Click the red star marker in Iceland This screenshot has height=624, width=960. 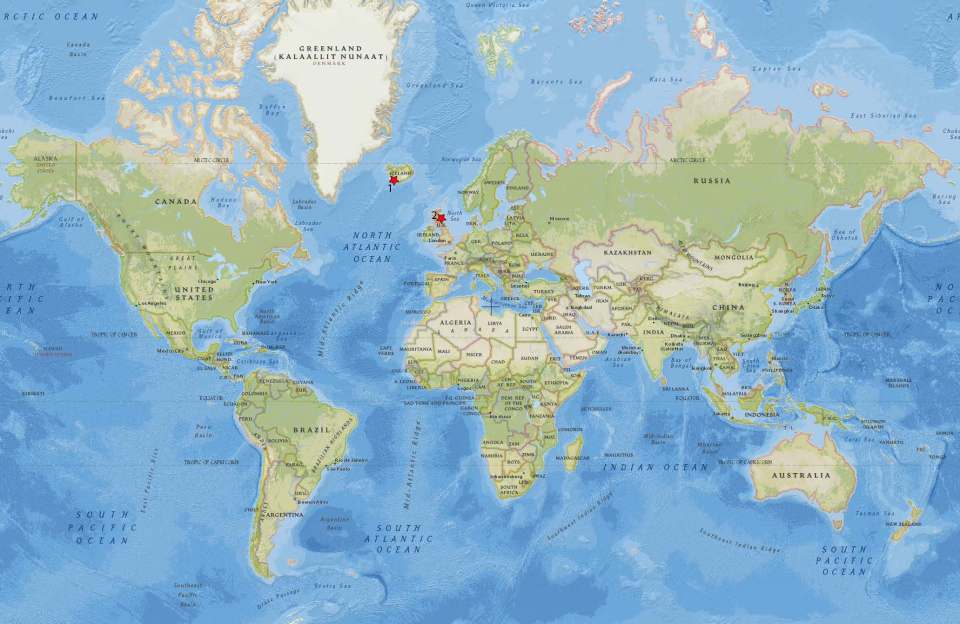pos(394,180)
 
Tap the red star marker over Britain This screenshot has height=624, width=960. pos(441,217)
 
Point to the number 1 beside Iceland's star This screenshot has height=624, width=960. pos(389,188)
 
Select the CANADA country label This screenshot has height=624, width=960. pos(176,202)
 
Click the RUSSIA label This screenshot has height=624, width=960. pos(713,181)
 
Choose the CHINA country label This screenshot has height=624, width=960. pos(729,306)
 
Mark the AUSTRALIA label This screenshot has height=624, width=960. pos(806,475)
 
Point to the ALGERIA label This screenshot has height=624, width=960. pos(455,323)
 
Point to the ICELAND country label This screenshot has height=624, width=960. pos(400,171)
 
